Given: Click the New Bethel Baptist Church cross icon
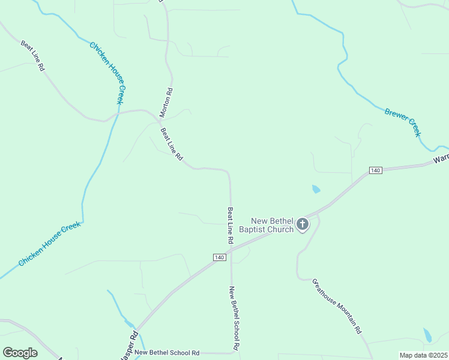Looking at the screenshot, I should pyautogui.click(x=303, y=225).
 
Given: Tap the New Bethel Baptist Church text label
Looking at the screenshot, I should pyautogui.click(x=272, y=224).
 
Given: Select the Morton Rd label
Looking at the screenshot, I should pyautogui.click(x=166, y=102).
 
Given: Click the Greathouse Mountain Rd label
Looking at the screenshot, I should pyautogui.click(x=336, y=306).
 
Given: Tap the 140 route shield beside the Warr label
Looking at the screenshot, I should pyautogui.click(x=375, y=171).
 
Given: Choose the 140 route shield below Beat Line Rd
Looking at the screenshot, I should pyautogui.click(x=218, y=257).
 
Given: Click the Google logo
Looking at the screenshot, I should pyautogui.click(x=20, y=353).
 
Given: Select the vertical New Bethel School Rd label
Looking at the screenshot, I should pyautogui.click(x=235, y=319).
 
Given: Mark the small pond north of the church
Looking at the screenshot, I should pyautogui.click(x=316, y=190).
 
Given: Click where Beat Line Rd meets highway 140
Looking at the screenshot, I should pyautogui.click(x=231, y=247).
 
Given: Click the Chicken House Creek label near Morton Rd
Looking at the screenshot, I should pyautogui.click(x=106, y=73).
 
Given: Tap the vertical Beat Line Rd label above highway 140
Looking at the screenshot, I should pyautogui.click(x=230, y=225).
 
